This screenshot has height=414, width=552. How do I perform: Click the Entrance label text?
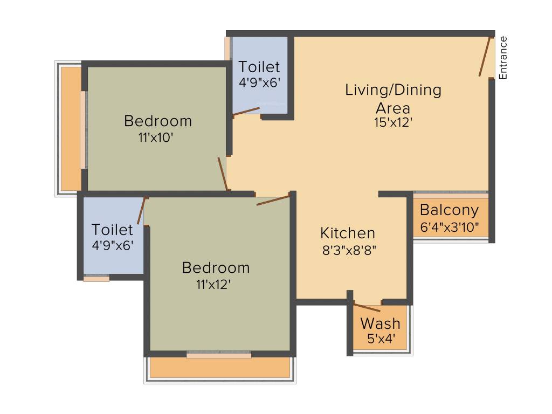tap(503, 58)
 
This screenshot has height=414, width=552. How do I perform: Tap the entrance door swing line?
tap(485, 57)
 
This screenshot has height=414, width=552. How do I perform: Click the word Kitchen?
tap(348, 233)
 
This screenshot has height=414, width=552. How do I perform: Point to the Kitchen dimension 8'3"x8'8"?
tap(348, 250)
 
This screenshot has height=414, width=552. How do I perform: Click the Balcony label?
tap(449, 210)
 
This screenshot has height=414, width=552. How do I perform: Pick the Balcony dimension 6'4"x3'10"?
tap(449, 226)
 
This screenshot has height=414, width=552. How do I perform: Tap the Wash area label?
tap(380, 323)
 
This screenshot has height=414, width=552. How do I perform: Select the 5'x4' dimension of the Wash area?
tap(380, 340)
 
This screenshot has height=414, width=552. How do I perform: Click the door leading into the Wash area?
tap(367, 308)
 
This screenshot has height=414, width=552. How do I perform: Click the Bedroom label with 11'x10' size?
tap(157, 121)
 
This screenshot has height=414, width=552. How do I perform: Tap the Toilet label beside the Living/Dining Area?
tap(259, 67)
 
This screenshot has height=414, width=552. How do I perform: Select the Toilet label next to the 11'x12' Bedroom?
tap(112, 230)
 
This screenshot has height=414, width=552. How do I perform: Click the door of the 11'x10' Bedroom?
tap(222, 174)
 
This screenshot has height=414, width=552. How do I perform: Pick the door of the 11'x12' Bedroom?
tap(273, 200)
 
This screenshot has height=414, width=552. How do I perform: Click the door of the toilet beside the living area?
tap(246, 111)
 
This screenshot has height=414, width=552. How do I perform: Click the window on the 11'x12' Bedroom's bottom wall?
tap(219, 355)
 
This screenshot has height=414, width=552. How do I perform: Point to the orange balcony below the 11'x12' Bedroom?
tap(219, 368)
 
